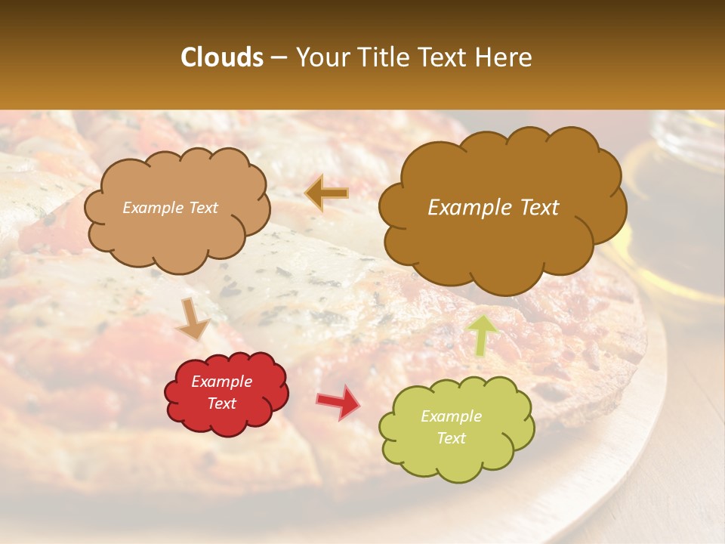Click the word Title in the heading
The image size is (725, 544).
pyautogui.click(x=381, y=57)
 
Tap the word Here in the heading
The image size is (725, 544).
pyautogui.click(x=503, y=57)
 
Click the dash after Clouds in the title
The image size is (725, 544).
pyautogui.click(x=278, y=58)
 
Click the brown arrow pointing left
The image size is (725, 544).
pyautogui.click(x=326, y=193)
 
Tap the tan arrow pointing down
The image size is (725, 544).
pyautogui.click(x=194, y=318)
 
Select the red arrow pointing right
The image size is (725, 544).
pyautogui.click(x=338, y=401)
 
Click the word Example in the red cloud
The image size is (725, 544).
pyautogui.click(x=222, y=382)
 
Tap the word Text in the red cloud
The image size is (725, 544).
pyautogui.click(x=222, y=403)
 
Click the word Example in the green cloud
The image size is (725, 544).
pyautogui.click(x=451, y=416)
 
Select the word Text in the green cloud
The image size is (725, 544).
pyautogui.click(x=451, y=438)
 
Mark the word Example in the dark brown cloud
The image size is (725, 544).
pyautogui.click(x=464, y=208)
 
